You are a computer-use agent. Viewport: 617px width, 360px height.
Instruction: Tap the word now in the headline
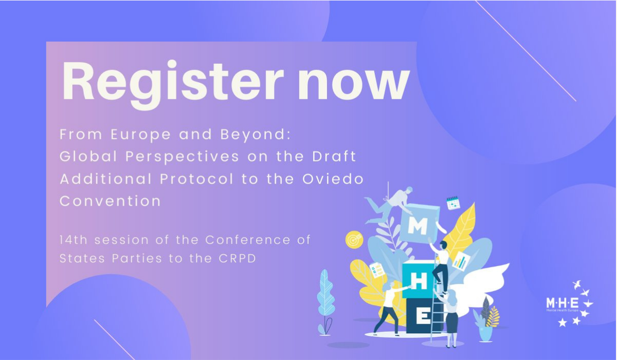[x=353, y=83]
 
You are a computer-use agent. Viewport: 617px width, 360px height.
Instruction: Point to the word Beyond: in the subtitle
[x=256, y=135]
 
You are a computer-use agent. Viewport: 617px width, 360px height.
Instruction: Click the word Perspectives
[x=183, y=157]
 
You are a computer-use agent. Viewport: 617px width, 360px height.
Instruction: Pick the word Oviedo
[x=333, y=178]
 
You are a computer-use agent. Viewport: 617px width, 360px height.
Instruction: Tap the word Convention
[x=110, y=201]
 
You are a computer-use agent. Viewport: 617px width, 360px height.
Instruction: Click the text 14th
[x=74, y=240]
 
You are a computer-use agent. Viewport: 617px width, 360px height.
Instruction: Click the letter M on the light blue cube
[x=418, y=226]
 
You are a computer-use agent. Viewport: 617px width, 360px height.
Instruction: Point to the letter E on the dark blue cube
[x=423, y=316]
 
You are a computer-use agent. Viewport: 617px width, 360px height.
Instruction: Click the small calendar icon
[x=453, y=203]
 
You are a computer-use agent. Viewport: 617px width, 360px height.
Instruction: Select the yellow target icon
[x=354, y=240]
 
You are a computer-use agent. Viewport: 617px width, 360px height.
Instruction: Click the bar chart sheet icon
[x=461, y=261]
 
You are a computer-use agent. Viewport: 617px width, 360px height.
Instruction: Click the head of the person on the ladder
[x=443, y=244]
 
